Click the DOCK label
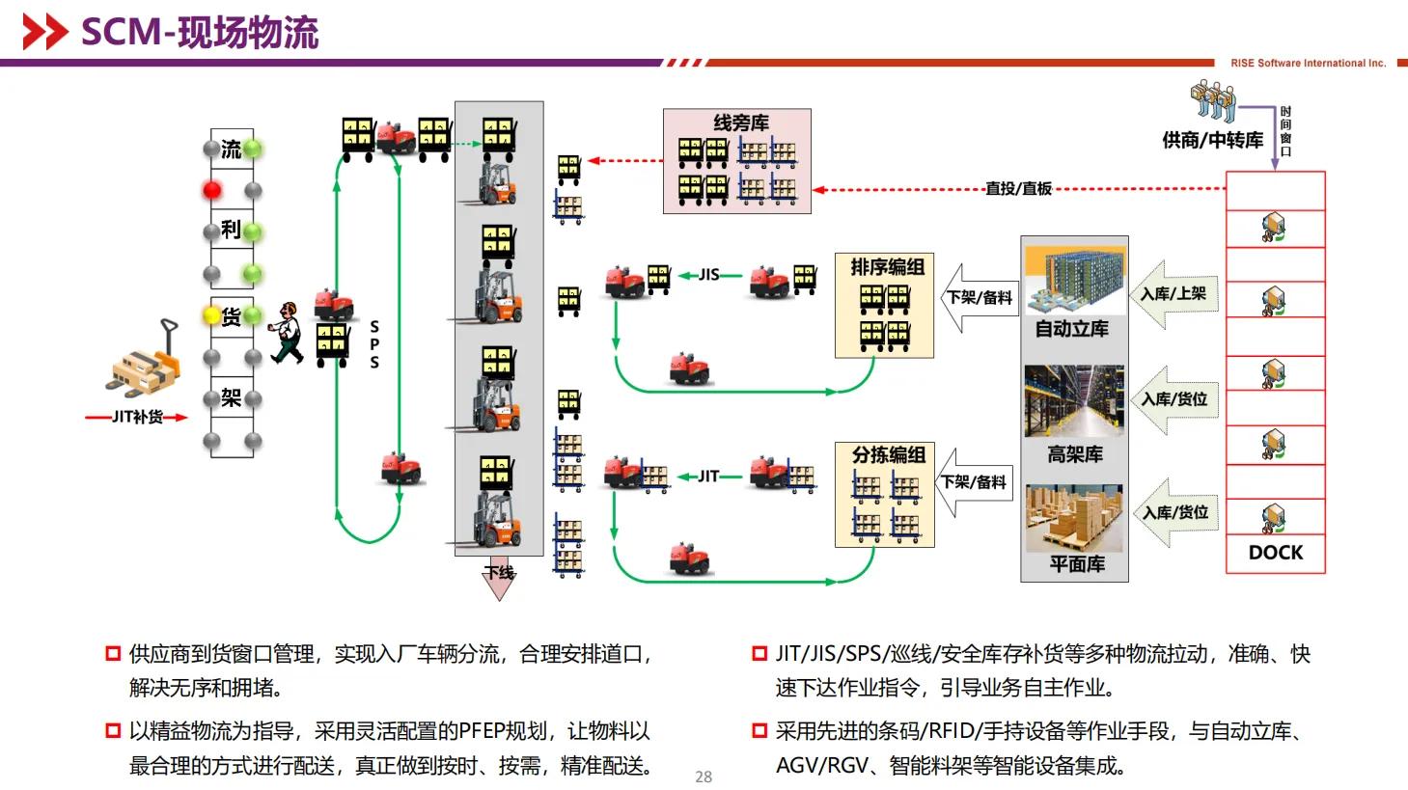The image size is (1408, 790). (1275, 553)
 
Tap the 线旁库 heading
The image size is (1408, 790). (740, 123)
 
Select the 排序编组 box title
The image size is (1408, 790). (887, 267)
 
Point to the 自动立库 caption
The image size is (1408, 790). (1071, 329)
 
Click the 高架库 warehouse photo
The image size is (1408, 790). (1074, 401)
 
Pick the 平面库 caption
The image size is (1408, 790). (1076, 564)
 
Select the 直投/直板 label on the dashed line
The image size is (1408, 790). (1018, 189)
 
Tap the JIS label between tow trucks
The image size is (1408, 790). (709, 275)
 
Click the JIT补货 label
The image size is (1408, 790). (137, 417)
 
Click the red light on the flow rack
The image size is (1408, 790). (212, 190)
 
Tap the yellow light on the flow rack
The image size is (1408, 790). (211, 314)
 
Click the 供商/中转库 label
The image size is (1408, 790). (1212, 141)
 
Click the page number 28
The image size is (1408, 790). (704, 776)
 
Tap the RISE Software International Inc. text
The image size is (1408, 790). (1308, 64)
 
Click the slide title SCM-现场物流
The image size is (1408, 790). (199, 32)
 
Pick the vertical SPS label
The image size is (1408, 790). (374, 344)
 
